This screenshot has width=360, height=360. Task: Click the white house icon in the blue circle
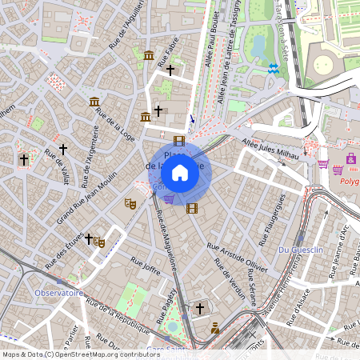180,172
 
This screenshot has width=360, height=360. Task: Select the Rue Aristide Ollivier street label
237,254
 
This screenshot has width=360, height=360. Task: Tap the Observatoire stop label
58,293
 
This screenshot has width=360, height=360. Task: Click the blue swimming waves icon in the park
274,70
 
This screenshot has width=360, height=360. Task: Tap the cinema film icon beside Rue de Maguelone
191,208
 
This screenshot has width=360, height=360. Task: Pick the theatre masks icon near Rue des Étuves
99,242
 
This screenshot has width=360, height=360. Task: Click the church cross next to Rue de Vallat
64,149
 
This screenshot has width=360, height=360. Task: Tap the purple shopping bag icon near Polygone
350,158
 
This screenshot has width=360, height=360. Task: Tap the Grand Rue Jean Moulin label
86,197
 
